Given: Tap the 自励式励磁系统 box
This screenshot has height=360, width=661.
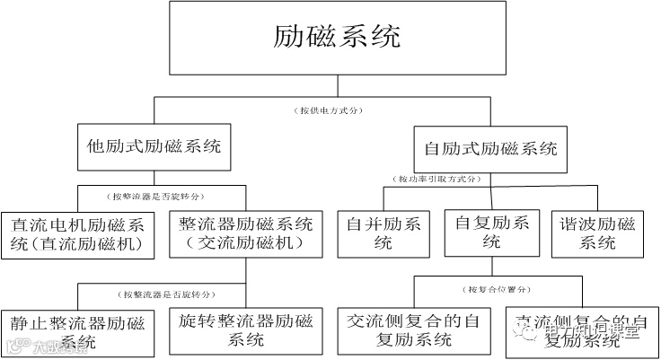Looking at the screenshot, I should [490, 147].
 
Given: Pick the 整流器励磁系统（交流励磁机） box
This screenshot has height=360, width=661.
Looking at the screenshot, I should [245, 233].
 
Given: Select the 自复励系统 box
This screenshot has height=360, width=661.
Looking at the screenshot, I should [490, 233].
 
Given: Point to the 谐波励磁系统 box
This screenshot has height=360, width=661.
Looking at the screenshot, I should [597, 233].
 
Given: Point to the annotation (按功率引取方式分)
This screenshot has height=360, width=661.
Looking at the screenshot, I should [437, 180].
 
